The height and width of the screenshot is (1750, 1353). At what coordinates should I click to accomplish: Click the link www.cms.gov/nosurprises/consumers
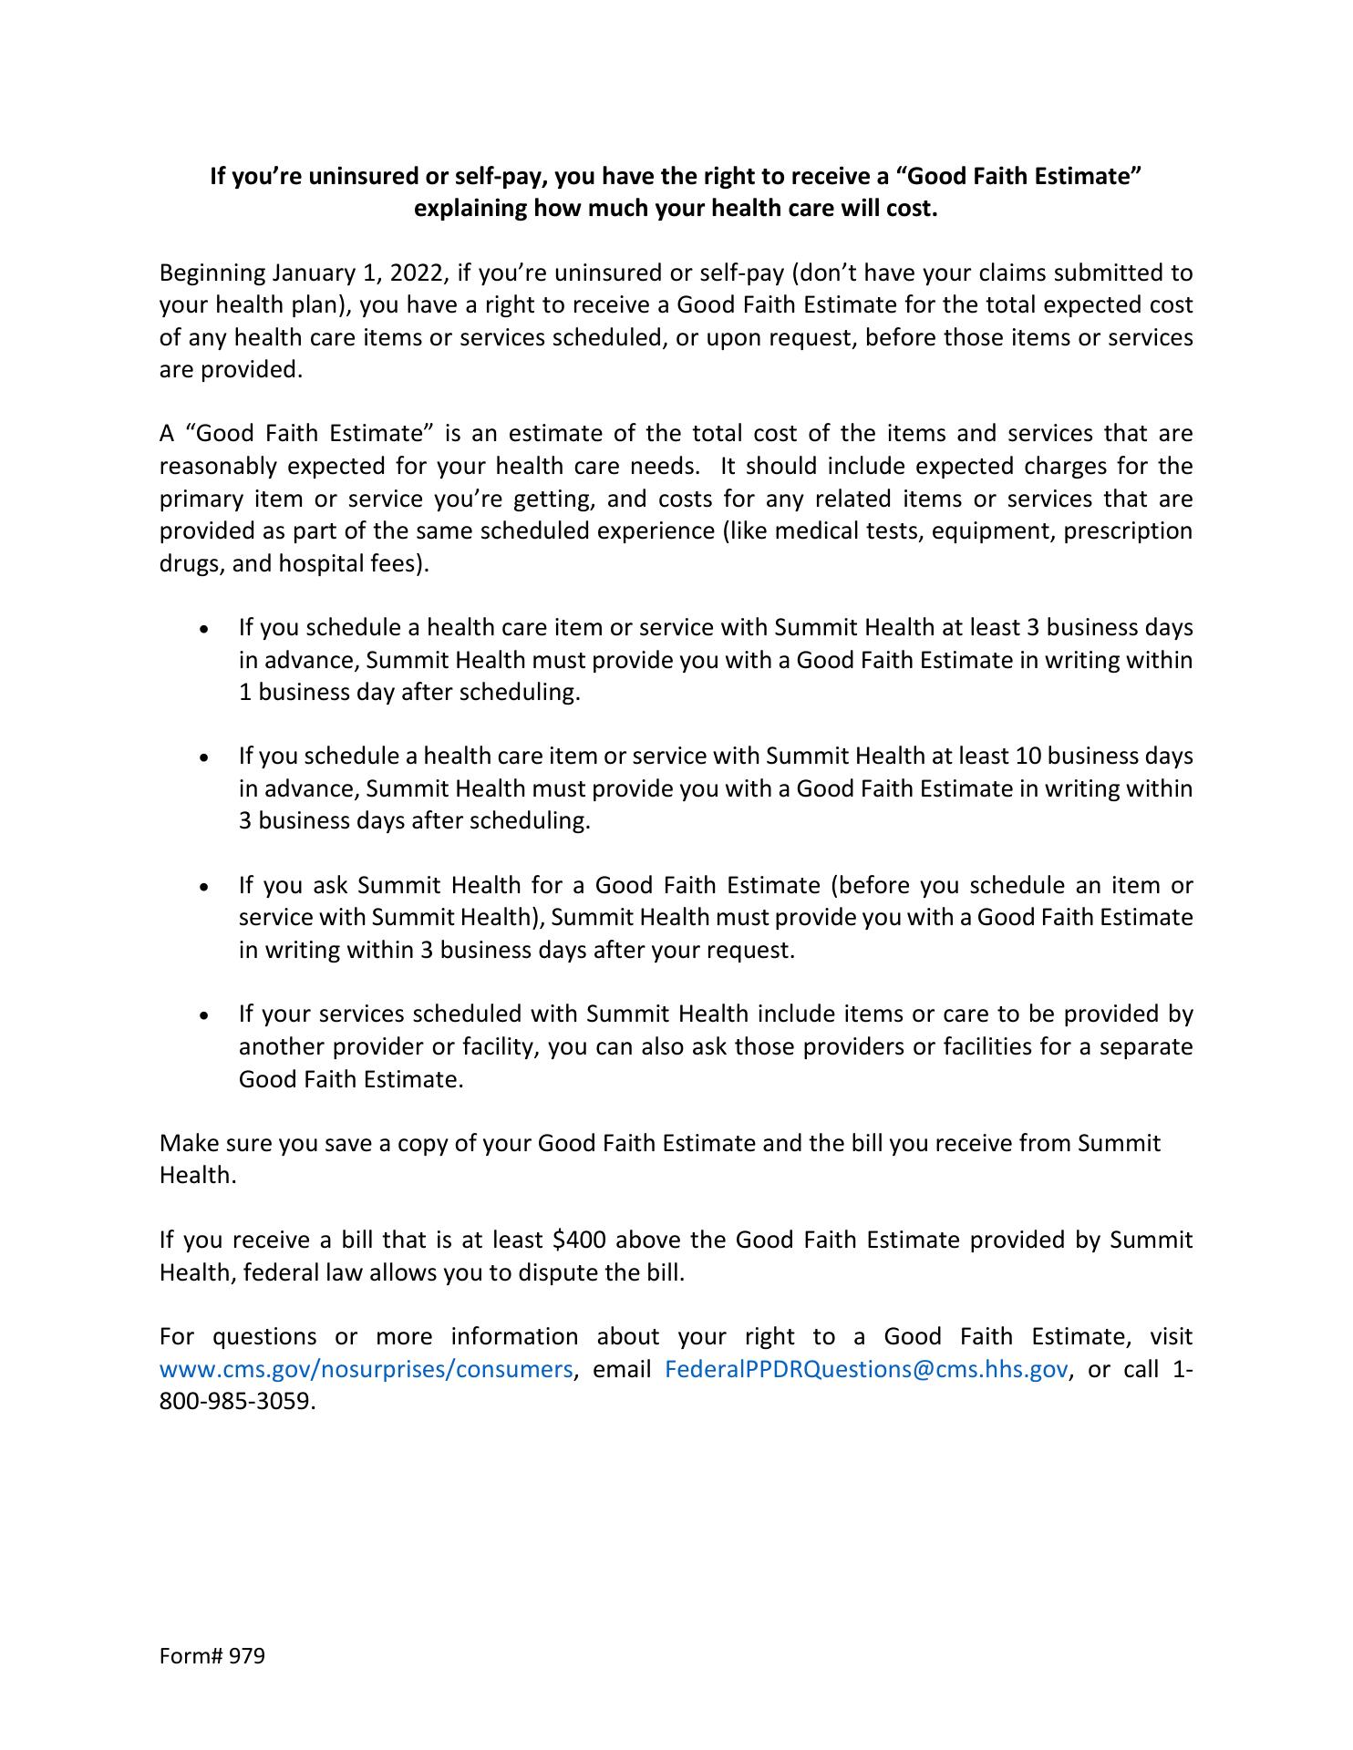[366, 1369]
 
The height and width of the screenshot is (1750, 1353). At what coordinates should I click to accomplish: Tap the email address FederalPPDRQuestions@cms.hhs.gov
[865, 1369]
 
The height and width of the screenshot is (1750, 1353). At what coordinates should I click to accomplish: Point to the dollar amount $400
[579, 1240]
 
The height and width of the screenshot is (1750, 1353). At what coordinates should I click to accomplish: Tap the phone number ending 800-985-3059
[237, 1401]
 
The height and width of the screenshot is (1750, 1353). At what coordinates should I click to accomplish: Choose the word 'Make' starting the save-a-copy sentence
[184, 1143]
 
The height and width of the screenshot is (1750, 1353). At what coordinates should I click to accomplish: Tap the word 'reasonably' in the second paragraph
[218, 466]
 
